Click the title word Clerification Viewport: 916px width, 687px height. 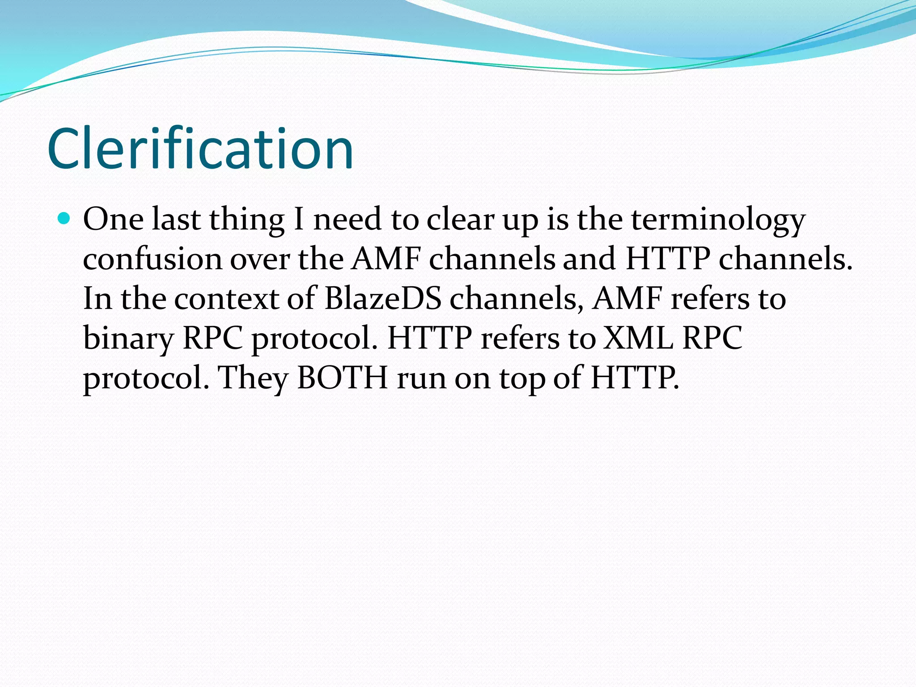tap(200, 149)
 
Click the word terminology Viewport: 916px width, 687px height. tap(718, 221)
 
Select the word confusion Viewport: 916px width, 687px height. tap(153, 259)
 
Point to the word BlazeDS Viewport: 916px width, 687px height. tap(383, 299)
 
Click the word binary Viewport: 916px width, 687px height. tap(128, 339)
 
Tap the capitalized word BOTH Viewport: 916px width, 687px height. tap(343, 378)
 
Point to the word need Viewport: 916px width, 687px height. tap(347, 220)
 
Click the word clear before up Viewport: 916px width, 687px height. tap(460, 220)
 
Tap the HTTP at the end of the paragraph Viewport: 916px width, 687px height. tap(634, 378)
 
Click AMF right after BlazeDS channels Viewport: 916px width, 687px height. tap(627, 299)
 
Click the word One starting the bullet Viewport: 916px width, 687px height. tap(114, 220)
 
